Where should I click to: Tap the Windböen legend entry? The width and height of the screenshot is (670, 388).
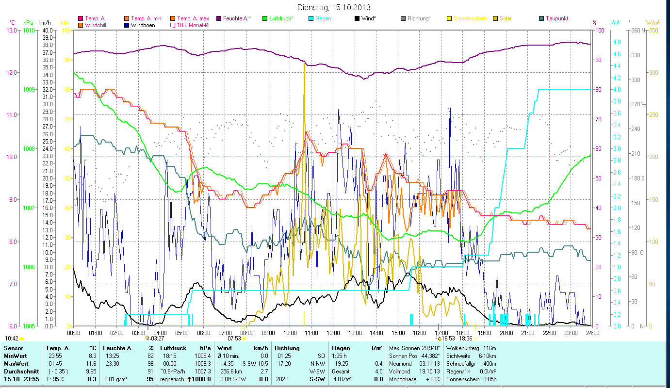click(143, 25)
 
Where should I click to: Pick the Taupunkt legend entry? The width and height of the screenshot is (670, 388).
click(556, 18)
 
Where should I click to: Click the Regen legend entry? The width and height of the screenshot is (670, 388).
click(323, 18)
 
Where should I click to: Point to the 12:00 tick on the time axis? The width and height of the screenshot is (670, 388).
click(333, 333)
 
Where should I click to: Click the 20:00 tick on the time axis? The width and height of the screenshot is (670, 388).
click(507, 333)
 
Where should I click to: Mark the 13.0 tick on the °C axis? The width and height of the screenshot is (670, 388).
click(10, 30)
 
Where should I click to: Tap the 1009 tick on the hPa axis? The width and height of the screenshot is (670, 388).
click(29, 89)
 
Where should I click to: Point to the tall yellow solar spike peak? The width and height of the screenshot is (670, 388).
click(304, 64)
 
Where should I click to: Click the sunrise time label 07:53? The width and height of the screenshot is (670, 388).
click(234, 339)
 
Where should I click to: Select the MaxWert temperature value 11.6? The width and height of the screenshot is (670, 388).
click(91, 363)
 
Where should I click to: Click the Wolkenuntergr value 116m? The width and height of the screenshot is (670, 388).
click(490, 348)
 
